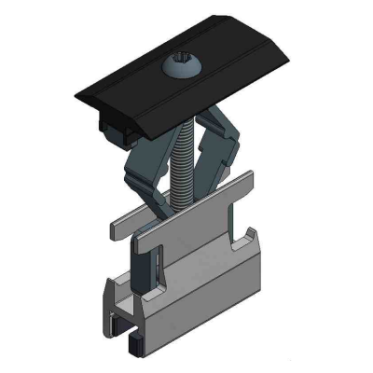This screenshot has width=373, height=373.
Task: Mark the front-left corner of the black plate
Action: pyautogui.click(x=79, y=99)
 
